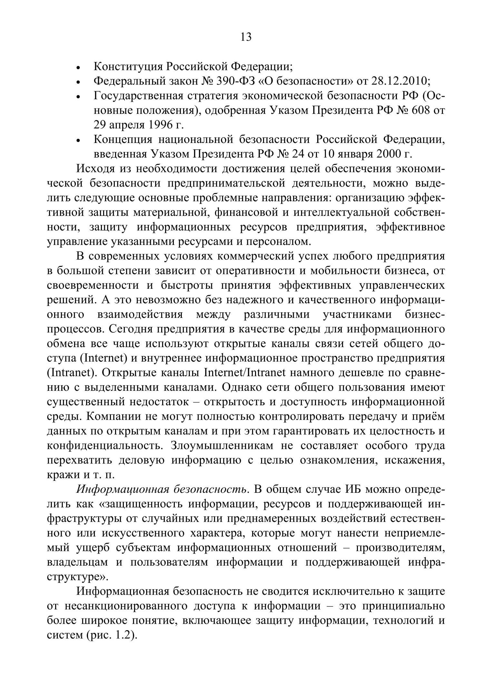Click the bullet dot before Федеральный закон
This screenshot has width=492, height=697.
pyautogui.click(x=78, y=82)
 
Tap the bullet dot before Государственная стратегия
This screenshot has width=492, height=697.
pyautogui.click(x=78, y=97)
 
